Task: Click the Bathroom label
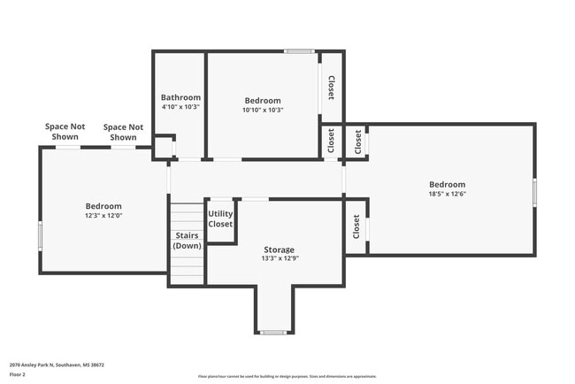coord(180,97)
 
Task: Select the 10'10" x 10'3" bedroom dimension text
coord(263,110)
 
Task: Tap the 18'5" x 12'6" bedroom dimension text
coord(447,193)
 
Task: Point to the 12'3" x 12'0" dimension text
coord(103,215)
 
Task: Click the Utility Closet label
coord(220,219)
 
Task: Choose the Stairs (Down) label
coord(187,241)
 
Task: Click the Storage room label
coord(280,250)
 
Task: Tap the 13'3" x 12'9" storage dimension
coord(280,259)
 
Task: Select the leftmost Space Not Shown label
coord(65,132)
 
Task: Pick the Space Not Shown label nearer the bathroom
coord(123,132)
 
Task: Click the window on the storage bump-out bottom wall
coord(274,333)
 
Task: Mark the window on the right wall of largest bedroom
coord(534,192)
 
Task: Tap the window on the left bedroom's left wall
coord(40,234)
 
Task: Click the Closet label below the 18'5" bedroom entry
coord(356,227)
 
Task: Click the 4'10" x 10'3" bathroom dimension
coord(180,107)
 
